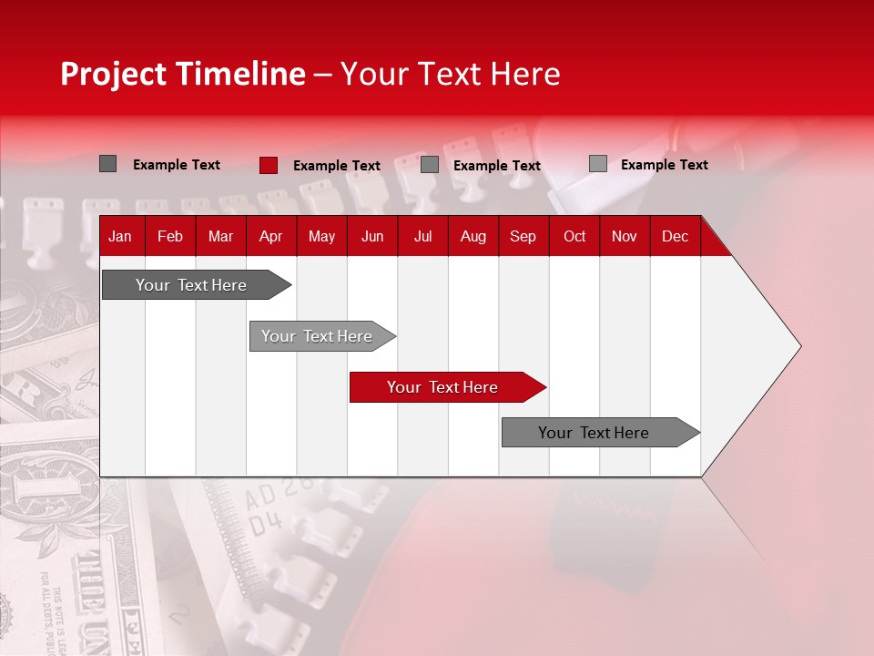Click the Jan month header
120,237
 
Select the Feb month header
170,237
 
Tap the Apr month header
270,237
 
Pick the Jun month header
372,237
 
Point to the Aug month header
473,237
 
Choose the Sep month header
523,237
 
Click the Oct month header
574,237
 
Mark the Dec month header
675,237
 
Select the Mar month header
220,237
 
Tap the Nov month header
625,237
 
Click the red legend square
269,165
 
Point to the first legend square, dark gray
107,164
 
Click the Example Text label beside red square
337,166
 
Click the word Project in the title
113,74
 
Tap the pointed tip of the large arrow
798,346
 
